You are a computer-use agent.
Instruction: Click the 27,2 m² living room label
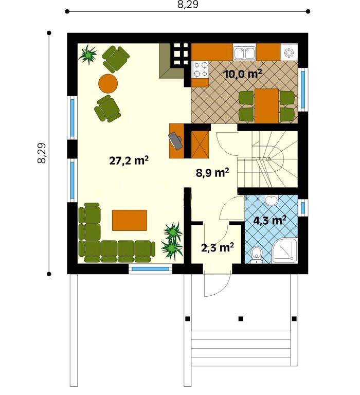[x=129, y=160]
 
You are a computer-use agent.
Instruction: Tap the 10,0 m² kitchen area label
[x=242, y=74]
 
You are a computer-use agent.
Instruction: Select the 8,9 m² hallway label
[x=212, y=173]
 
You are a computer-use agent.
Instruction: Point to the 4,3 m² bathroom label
[x=269, y=221]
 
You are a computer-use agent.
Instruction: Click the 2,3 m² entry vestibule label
[x=218, y=247]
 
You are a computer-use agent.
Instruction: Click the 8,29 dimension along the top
[x=188, y=5]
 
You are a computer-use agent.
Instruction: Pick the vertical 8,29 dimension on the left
[x=42, y=153]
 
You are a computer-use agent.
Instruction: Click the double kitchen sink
[x=244, y=53]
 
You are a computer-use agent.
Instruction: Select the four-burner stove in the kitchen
[x=201, y=69]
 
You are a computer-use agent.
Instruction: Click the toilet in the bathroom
[x=257, y=254]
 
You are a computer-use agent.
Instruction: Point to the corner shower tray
[x=285, y=250]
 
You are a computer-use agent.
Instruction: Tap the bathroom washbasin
[x=271, y=200]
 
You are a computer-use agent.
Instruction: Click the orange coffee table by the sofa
[x=130, y=220]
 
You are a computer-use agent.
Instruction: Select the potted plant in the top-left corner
[x=87, y=55]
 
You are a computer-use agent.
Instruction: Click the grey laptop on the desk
[x=175, y=140]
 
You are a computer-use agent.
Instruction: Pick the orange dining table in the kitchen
[x=267, y=106]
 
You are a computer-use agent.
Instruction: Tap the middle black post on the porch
[x=241, y=319]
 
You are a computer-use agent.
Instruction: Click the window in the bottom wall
[x=150, y=269]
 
